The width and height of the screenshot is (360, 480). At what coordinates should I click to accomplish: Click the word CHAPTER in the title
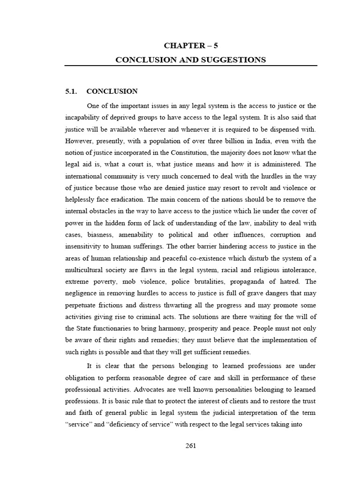tap(181, 45)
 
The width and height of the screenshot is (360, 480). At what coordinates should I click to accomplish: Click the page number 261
tap(191, 445)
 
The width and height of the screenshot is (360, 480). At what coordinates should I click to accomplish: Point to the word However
tap(80, 141)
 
